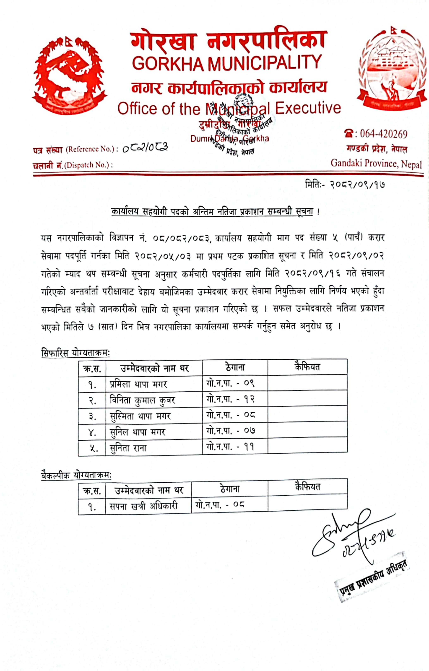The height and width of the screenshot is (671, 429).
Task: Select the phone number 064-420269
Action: pos(384,134)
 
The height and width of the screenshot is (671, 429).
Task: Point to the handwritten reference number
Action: pos(145,148)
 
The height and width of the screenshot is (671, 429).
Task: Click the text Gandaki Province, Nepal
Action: pos(376,164)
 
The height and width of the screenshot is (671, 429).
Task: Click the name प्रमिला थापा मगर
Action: pos(138,384)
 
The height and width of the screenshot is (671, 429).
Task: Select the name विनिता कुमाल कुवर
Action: pos(142,400)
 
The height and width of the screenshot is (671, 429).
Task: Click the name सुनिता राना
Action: pos(128,448)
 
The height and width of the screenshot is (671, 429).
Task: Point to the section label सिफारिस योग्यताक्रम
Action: pos(75,353)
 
